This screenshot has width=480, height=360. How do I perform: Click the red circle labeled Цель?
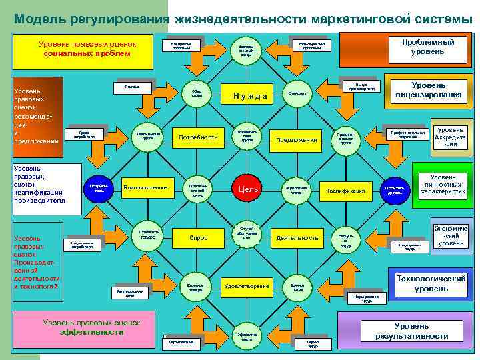pyautogui.click(x=243, y=189)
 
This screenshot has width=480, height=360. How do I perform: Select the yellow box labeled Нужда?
pyautogui.click(x=250, y=95)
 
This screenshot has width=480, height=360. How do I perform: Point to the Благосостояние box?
pyautogui.click(x=145, y=187)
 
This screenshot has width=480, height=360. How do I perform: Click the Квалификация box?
pyautogui.click(x=345, y=191)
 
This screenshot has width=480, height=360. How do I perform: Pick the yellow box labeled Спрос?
pyautogui.click(x=198, y=237)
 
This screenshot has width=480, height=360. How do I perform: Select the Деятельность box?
pyautogui.click(x=297, y=237)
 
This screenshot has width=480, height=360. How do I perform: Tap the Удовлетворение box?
pyautogui.click(x=247, y=286)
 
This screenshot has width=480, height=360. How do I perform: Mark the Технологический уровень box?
pyautogui.click(x=431, y=284)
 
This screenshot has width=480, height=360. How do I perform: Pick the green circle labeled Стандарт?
pyautogui.click(x=297, y=93)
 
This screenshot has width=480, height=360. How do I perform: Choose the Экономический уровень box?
pyautogui.click(x=451, y=235)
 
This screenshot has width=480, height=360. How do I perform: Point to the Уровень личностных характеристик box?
pyautogui.click(x=443, y=184)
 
